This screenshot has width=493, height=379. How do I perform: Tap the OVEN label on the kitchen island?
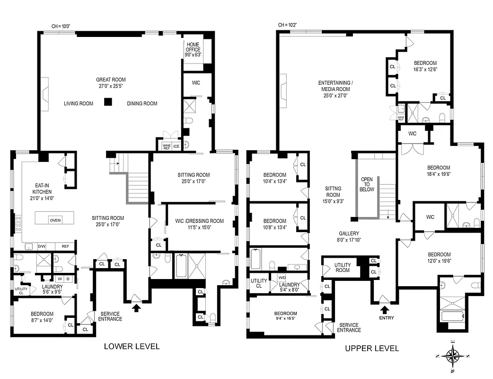pyautogui.click(x=55, y=220)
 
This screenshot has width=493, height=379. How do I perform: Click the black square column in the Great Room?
pyautogui.click(x=109, y=101)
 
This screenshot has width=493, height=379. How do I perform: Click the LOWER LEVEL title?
pyautogui.click(x=132, y=346)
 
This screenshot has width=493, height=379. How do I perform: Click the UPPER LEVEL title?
pyautogui.click(x=371, y=348)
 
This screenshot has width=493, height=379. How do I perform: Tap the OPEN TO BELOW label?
pyautogui.click(x=367, y=184)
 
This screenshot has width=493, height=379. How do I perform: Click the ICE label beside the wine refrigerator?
pyautogui.click(x=176, y=146)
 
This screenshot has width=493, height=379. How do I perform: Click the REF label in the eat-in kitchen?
pyautogui.click(x=65, y=246)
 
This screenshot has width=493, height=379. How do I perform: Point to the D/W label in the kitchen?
pyautogui.click(x=41, y=246)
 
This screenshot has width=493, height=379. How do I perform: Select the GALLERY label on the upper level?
pyautogui.click(x=349, y=234)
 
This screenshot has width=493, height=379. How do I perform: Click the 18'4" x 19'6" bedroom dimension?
pyautogui.click(x=439, y=174)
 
